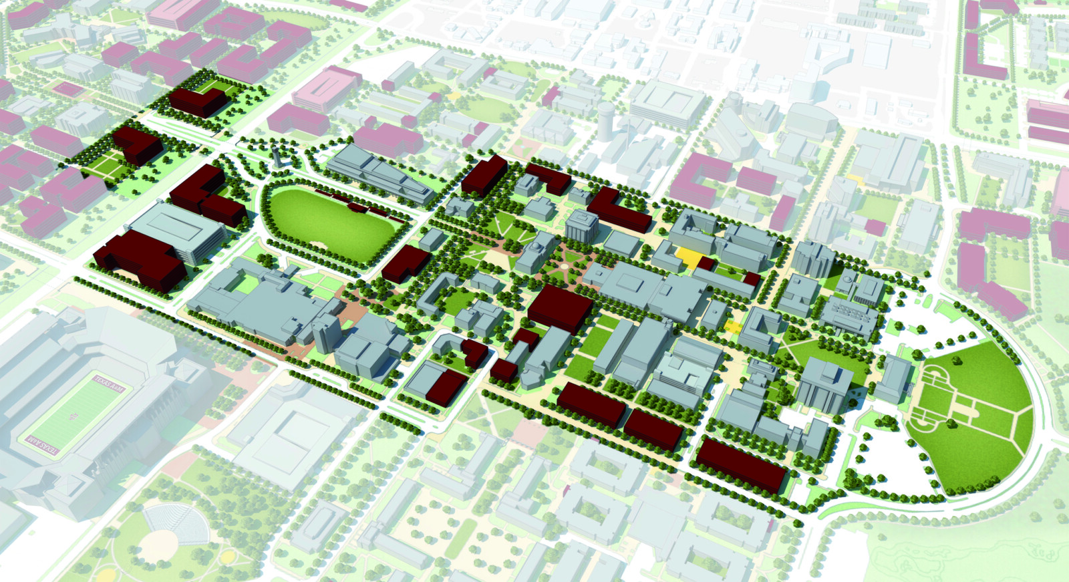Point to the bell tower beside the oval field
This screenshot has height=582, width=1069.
[x=277, y=158]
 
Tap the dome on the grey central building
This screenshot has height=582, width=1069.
[x=536, y=249]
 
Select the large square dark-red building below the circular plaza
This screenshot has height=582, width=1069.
[x=560, y=308]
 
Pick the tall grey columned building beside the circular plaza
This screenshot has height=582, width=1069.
[x=581, y=226]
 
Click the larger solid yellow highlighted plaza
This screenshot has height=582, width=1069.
[x=691, y=257]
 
